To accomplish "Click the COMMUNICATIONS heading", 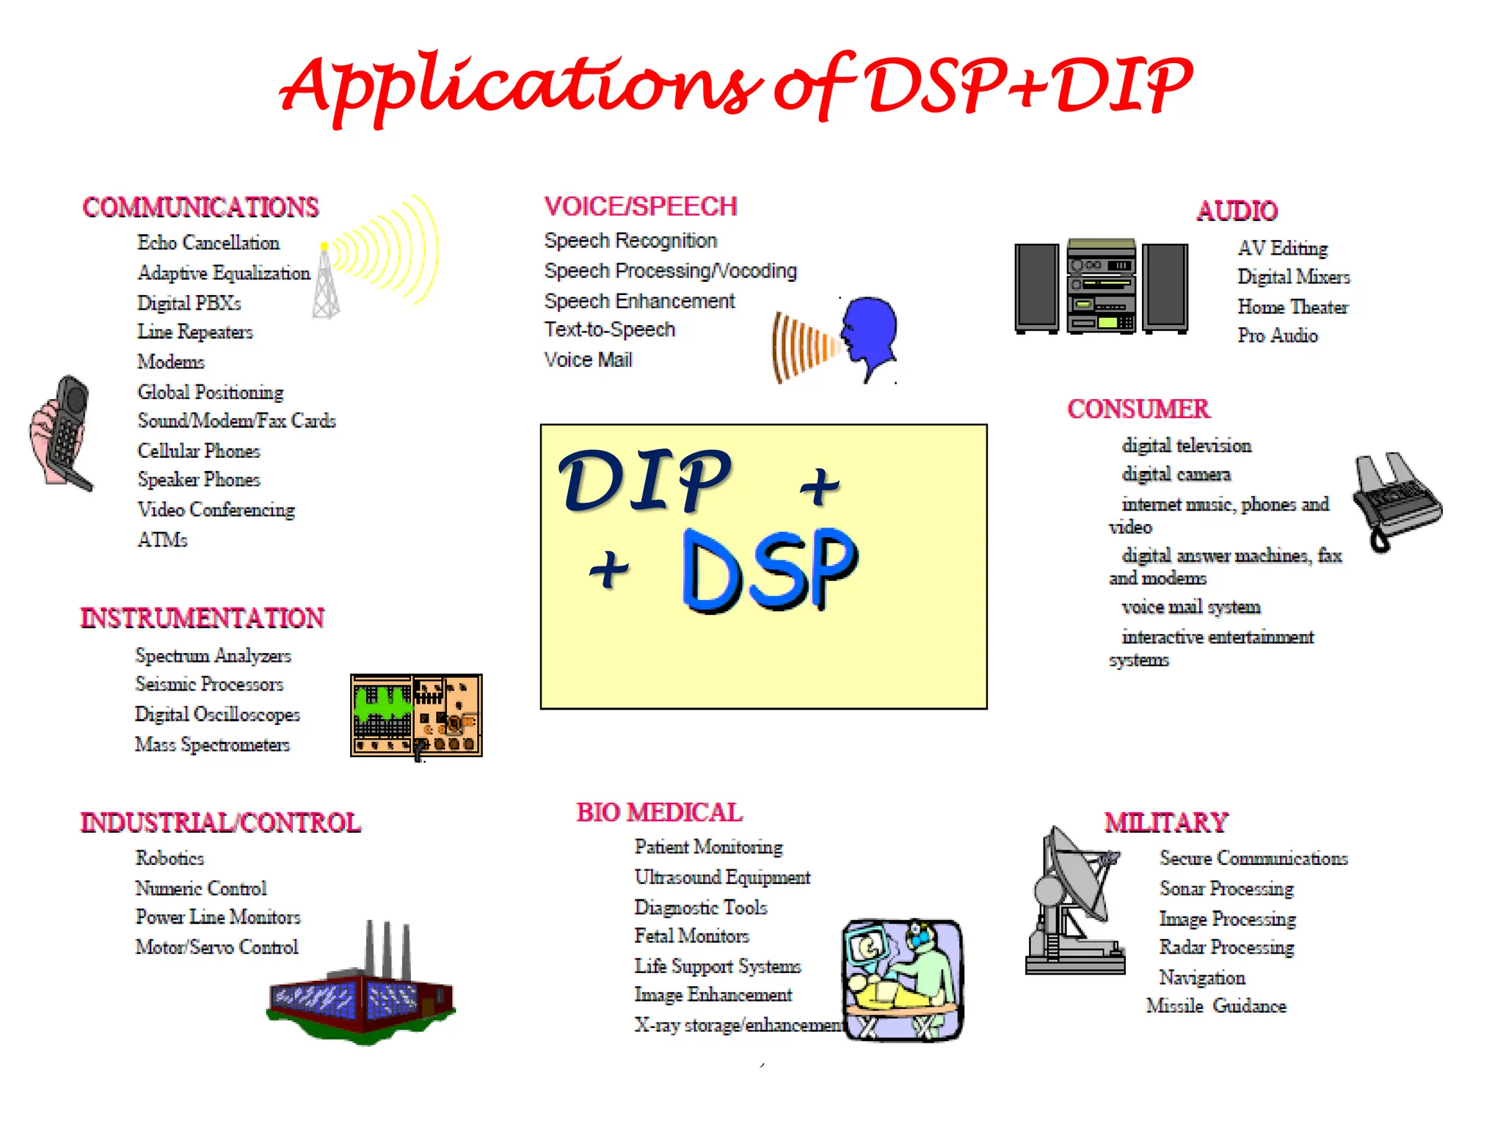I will (200, 208).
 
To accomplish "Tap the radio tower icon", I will (326, 282).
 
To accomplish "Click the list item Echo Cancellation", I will (208, 243).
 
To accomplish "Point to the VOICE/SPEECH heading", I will (640, 207).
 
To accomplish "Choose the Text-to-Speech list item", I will (609, 330).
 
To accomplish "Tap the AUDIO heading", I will (1237, 211).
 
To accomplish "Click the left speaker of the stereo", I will (1036, 288).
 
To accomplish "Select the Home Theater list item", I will (1292, 307).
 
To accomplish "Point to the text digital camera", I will (1176, 475).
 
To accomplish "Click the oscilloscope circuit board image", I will (416, 716).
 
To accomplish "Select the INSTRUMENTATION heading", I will (202, 619).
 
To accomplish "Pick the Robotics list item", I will (170, 858).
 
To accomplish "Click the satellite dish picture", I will (1075, 902).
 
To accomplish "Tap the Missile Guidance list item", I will (1216, 1007).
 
